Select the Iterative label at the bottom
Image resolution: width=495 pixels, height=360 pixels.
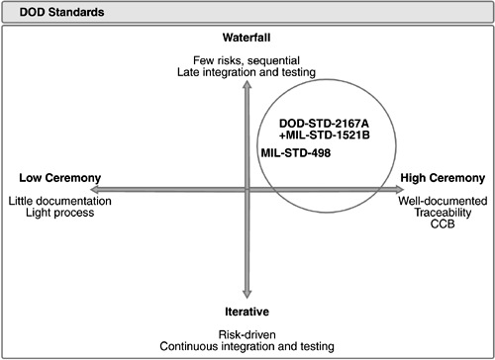tap(247, 312)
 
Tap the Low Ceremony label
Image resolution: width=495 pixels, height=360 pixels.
tap(59, 178)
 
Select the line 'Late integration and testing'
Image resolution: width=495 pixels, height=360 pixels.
tap(247, 73)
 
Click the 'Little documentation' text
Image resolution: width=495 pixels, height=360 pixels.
tap(59, 201)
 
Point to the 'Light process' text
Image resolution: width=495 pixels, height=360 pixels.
tap(59, 213)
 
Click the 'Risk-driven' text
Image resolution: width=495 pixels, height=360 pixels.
tap(247, 334)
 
